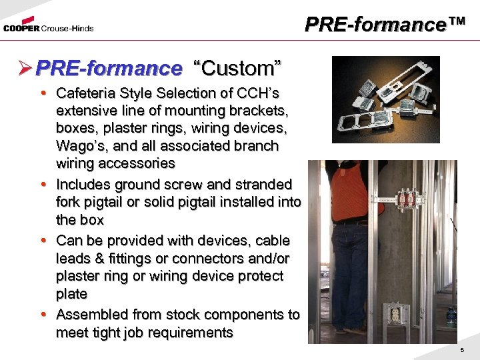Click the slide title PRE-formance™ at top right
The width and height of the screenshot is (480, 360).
tap(385, 25)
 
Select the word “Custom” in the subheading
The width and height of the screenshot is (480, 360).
tap(237, 68)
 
